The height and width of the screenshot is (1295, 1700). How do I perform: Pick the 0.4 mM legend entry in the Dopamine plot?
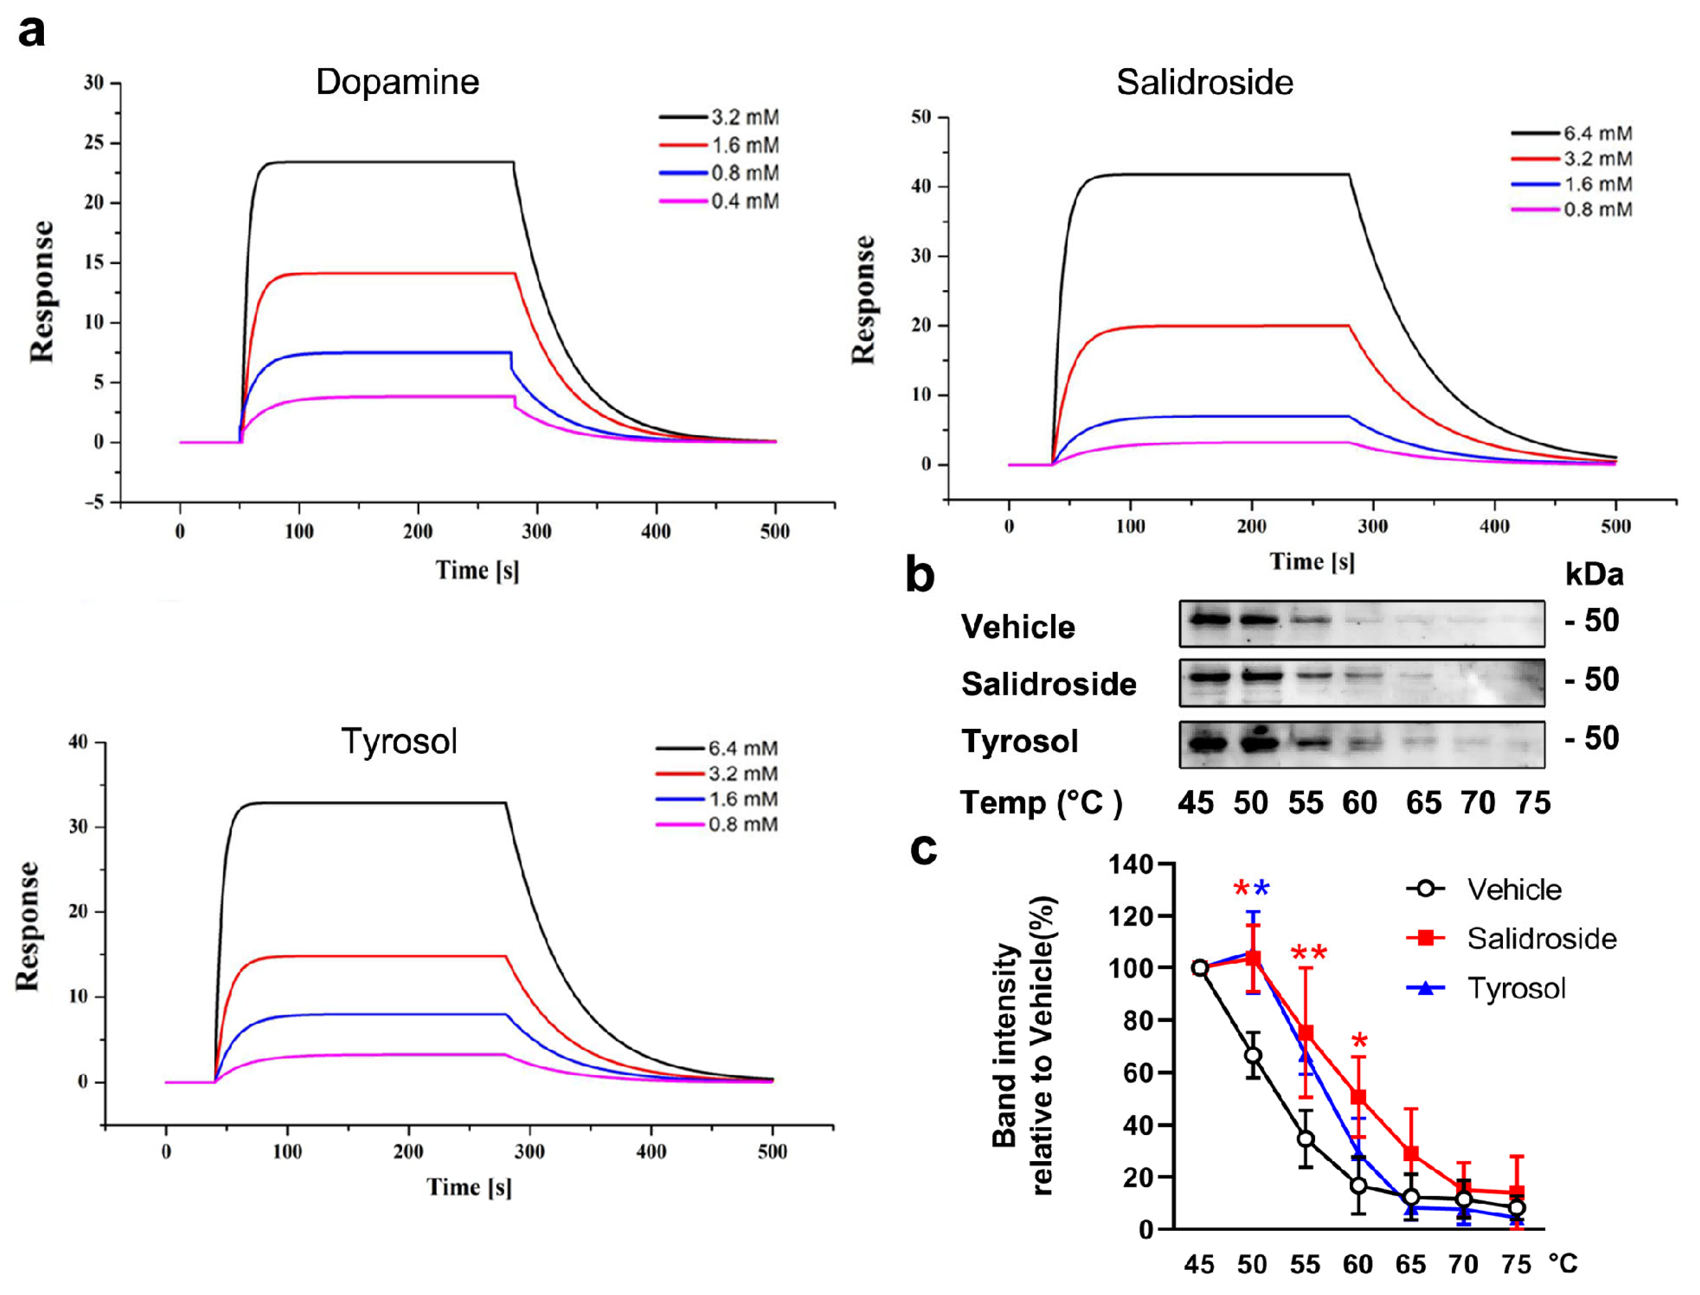pyautogui.click(x=720, y=201)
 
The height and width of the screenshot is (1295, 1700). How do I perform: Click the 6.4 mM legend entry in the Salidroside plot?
pyautogui.click(x=1571, y=133)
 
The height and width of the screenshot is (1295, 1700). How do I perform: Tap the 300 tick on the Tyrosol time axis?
pyautogui.click(x=530, y=1152)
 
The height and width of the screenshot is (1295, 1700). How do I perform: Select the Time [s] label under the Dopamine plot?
pyautogui.click(x=477, y=570)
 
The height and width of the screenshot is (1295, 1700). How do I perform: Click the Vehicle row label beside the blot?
pyautogui.click(x=1018, y=627)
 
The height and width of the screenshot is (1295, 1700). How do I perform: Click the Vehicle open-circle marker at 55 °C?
pyautogui.click(x=1305, y=1139)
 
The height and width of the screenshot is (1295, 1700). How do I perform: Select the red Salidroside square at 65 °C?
pyautogui.click(x=1411, y=1153)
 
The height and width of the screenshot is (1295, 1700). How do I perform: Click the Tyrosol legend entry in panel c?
pyautogui.click(x=1487, y=988)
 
